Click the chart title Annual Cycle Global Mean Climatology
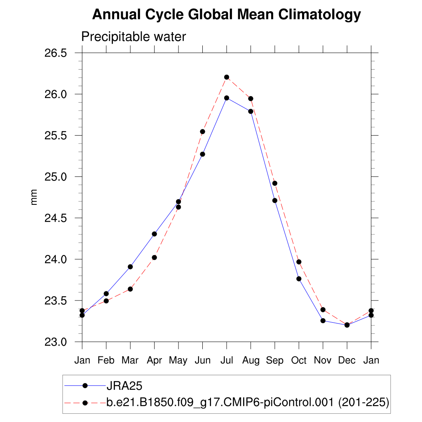tap(226, 15)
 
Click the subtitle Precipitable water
tap(134, 37)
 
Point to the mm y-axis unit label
tap(34, 197)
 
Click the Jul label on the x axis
tap(227, 361)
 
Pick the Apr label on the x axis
tap(155, 361)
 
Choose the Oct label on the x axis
tap(299, 361)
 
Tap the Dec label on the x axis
tap(347, 361)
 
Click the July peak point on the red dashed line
tap(227, 77)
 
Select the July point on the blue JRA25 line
tap(227, 98)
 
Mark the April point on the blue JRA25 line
tap(155, 234)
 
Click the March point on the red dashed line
tap(130, 289)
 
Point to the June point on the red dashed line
tap(202, 131)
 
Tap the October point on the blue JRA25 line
tap(299, 279)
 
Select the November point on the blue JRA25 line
tap(323, 321)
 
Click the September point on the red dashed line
tap(275, 183)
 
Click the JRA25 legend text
tap(124, 386)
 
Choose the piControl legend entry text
tap(247, 403)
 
